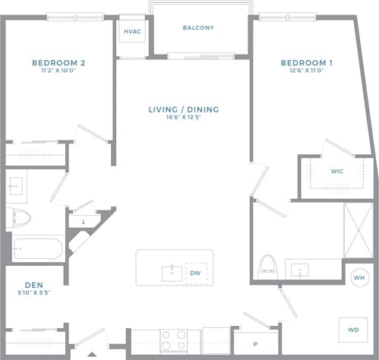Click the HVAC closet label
tap(131, 32)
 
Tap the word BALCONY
tap(198, 28)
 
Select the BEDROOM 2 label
tap(58, 63)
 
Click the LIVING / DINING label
tap(183, 109)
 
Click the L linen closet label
tap(83, 221)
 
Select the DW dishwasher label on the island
tap(195, 272)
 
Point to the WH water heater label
tap(358, 278)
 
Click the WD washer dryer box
tap(352, 330)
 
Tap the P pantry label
tap(255, 344)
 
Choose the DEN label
tap(33, 285)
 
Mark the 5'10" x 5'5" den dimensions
tap(33, 294)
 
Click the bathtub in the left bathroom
tap(38, 248)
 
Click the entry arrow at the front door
tap(91, 354)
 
